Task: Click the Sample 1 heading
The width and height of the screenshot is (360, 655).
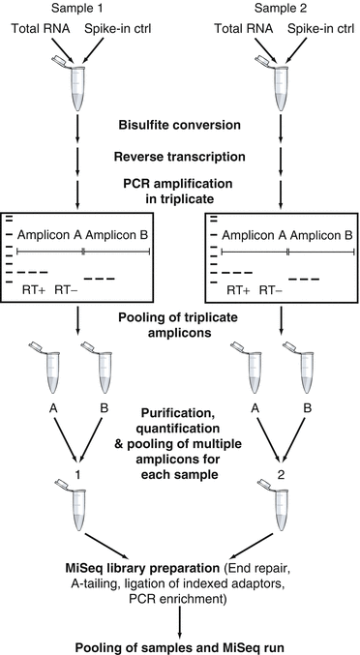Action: coord(75,8)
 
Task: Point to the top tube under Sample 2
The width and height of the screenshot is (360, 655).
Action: coord(279,84)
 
